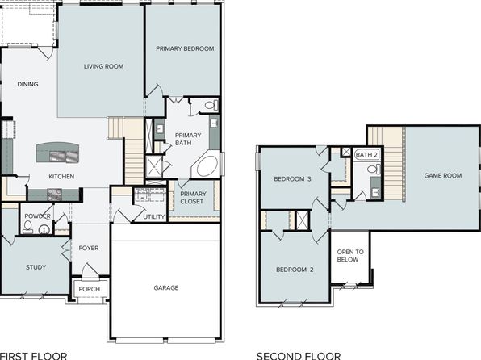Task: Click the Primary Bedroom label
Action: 185,48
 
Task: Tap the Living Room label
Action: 103,66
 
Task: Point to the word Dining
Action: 27,84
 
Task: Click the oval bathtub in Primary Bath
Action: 207,166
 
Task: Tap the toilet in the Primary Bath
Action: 211,106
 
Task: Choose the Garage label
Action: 166,287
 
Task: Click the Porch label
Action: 90,289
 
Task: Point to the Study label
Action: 36,267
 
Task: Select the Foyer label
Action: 89,248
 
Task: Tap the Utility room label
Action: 154,216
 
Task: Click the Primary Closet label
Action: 193,198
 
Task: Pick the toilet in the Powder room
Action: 27,227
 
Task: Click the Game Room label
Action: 443,175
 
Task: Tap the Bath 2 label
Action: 366,155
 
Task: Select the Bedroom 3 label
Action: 293,179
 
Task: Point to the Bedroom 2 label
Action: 295,270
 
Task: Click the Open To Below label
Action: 350,256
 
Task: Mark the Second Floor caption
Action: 299,356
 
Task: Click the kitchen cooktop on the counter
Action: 54,195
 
